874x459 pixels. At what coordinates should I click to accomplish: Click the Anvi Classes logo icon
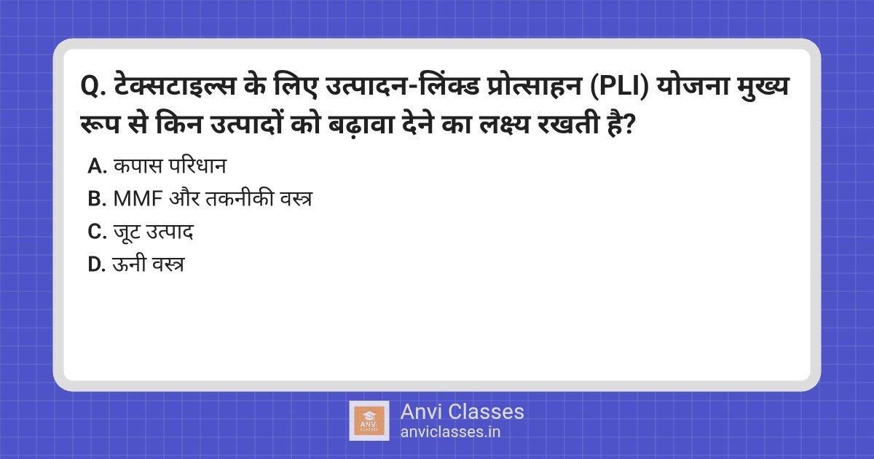click(x=369, y=420)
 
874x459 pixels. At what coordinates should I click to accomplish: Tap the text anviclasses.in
click(x=450, y=431)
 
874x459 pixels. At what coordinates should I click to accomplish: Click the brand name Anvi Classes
click(x=462, y=412)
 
